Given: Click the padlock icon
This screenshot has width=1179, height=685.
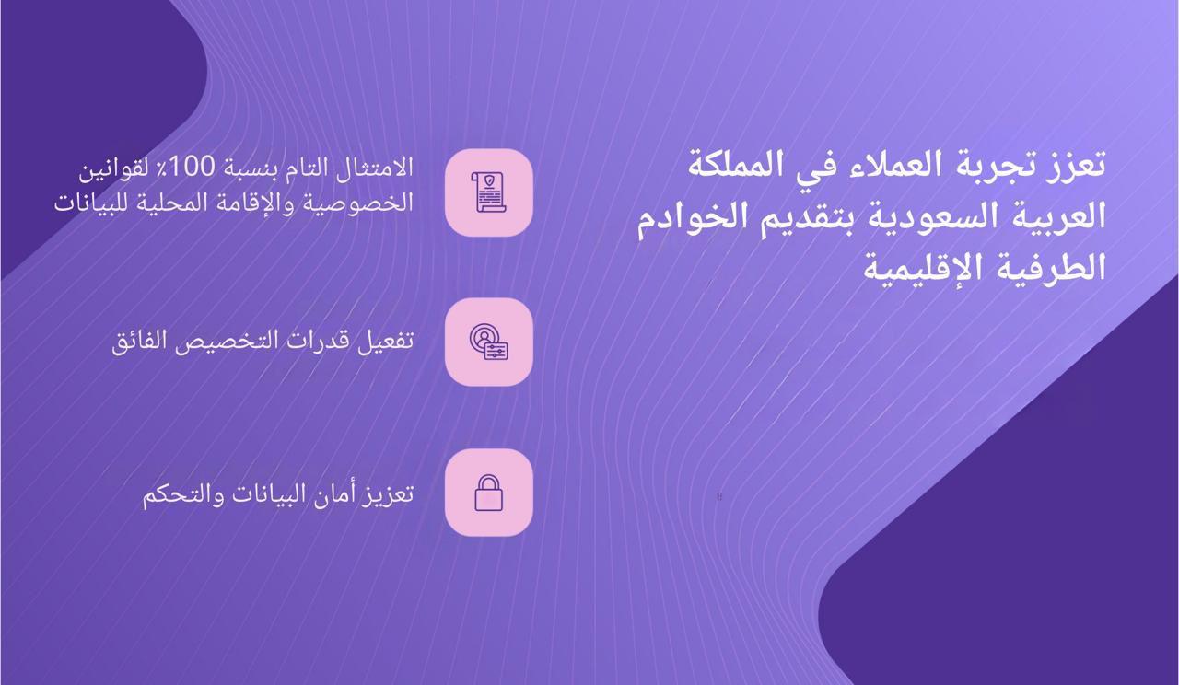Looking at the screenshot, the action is coord(488,493).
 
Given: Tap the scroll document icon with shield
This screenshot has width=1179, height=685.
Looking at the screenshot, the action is coord(488,192).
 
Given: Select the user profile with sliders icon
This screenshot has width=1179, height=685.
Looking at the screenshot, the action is coord(488,342).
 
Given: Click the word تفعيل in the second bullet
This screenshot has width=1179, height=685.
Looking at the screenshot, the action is coord(385,342).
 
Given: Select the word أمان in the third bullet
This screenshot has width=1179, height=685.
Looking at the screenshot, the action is coord(333,493).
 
